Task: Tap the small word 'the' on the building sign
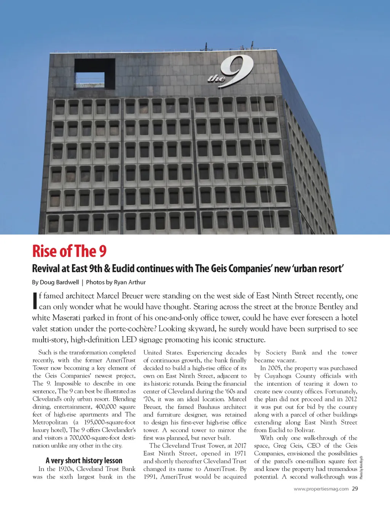[x=216, y=78]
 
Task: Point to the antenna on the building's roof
[x=206, y=48]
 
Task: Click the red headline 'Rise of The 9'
[x=69, y=251]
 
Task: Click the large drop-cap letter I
[x=35, y=301]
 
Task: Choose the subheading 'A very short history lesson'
[x=84, y=460]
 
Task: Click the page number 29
[x=355, y=489]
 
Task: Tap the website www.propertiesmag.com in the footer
[x=321, y=489]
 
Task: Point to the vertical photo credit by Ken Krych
[x=361, y=467]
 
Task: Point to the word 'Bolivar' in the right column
[x=304, y=430]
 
